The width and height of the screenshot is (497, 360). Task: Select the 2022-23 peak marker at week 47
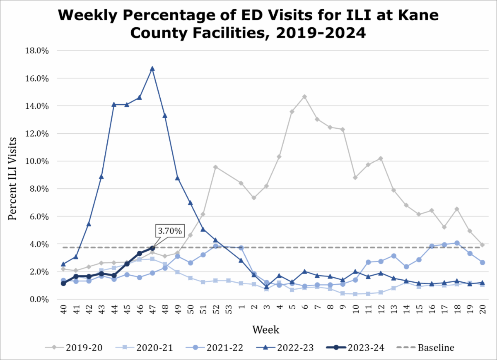tap(152, 68)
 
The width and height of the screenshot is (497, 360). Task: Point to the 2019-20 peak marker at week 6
tap(304, 96)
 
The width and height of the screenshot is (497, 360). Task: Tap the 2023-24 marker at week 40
tap(63, 283)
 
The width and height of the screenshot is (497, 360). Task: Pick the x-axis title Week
tap(265, 330)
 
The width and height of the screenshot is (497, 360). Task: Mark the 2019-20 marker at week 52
tap(215, 167)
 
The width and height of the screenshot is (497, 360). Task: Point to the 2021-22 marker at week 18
tap(457, 243)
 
